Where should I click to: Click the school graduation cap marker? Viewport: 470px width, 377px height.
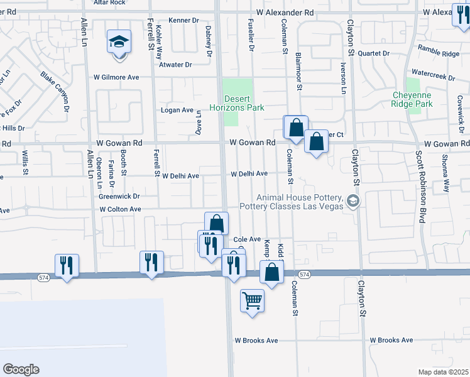(119, 42)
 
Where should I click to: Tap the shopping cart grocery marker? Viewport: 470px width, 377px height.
(252, 301)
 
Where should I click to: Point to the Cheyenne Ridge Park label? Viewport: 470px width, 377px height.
(412, 99)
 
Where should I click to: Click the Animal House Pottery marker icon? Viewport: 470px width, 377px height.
(353, 201)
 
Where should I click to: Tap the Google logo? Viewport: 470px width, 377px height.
(21, 369)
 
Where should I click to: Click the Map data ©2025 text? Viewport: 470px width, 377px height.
(442, 372)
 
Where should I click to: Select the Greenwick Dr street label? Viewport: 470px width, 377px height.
(119, 196)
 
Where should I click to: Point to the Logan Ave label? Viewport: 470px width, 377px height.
(178, 110)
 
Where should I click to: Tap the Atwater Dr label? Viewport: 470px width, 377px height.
(175, 64)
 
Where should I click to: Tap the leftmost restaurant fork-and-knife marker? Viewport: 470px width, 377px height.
(66, 265)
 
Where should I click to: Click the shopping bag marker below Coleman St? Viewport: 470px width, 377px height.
(271, 274)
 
